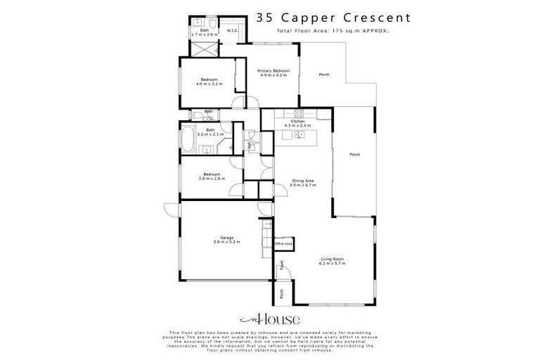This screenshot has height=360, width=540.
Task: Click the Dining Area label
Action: point(303,182)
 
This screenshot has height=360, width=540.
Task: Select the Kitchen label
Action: point(297,122)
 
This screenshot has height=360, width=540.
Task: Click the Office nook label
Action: point(283,243)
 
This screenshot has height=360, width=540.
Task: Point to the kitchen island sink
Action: point(298,134)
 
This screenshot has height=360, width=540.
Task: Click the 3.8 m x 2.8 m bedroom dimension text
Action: point(212,179)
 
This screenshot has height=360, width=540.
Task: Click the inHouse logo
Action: point(270,318)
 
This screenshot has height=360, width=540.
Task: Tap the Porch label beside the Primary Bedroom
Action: point(324,75)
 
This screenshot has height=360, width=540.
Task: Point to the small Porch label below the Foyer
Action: point(281,295)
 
